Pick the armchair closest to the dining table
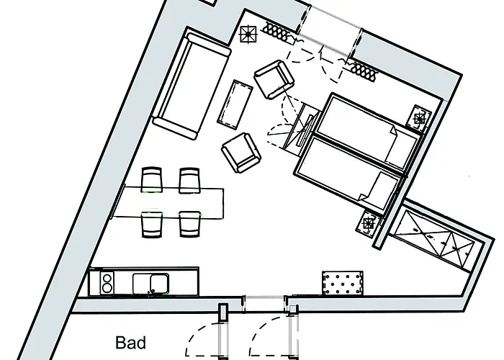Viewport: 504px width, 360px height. [x=240, y=151]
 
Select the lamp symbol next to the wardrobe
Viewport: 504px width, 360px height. [x=370, y=223]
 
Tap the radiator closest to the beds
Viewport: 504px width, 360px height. [x=364, y=70]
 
